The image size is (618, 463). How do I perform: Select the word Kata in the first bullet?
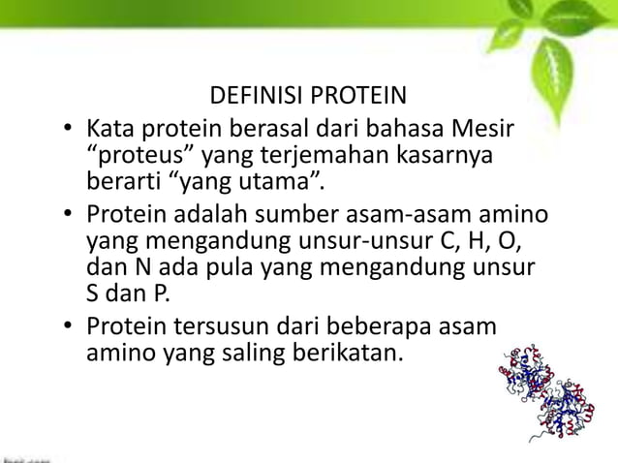[x=109, y=128]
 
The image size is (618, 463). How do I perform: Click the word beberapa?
[x=377, y=324]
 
